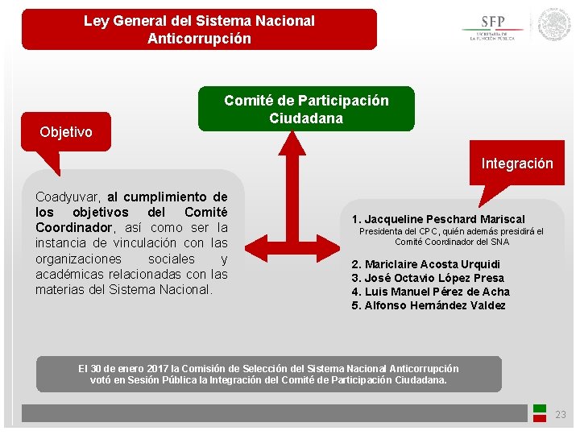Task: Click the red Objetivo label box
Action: click(x=66, y=132)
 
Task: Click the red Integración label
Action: click(x=517, y=164)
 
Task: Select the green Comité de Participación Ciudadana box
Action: click(x=306, y=110)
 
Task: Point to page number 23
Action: click(x=561, y=415)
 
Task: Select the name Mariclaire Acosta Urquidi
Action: click(x=432, y=264)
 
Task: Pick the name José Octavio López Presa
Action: click(x=433, y=278)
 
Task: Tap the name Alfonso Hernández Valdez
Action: click(x=434, y=305)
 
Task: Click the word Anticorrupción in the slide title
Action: click(x=199, y=39)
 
